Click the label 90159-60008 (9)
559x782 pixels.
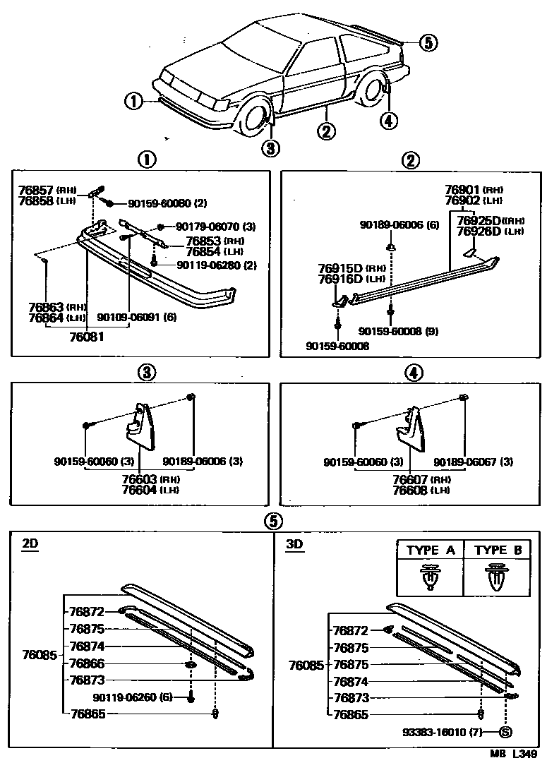coord(397,330)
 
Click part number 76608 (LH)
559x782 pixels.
coord(411,490)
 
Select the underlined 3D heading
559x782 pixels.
coord(294,543)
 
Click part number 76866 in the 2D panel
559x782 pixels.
coord(87,663)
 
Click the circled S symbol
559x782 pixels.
coord(505,732)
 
